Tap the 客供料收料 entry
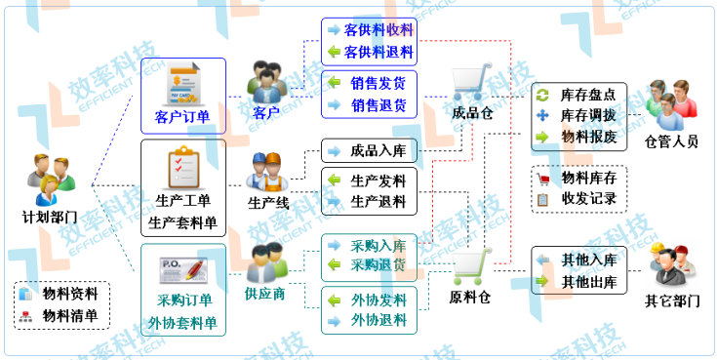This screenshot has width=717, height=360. (378, 30)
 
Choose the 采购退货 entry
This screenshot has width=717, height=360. (378, 264)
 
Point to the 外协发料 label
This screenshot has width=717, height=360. (378, 300)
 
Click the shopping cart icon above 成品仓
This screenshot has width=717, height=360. (473, 80)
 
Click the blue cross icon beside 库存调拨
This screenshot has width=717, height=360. (544, 116)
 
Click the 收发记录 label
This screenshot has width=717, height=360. (588, 199)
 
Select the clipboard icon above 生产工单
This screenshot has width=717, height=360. (183, 168)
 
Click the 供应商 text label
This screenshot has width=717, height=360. (264, 293)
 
